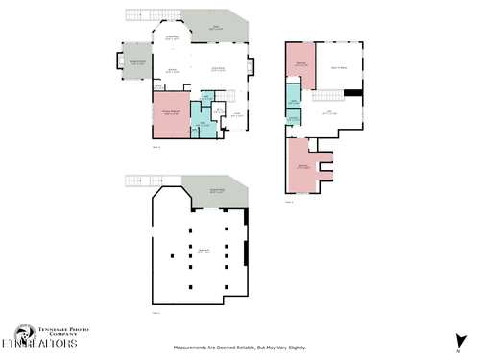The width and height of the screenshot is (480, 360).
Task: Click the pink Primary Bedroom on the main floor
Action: [170, 113]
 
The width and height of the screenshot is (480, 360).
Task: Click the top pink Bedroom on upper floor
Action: [300, 65]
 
